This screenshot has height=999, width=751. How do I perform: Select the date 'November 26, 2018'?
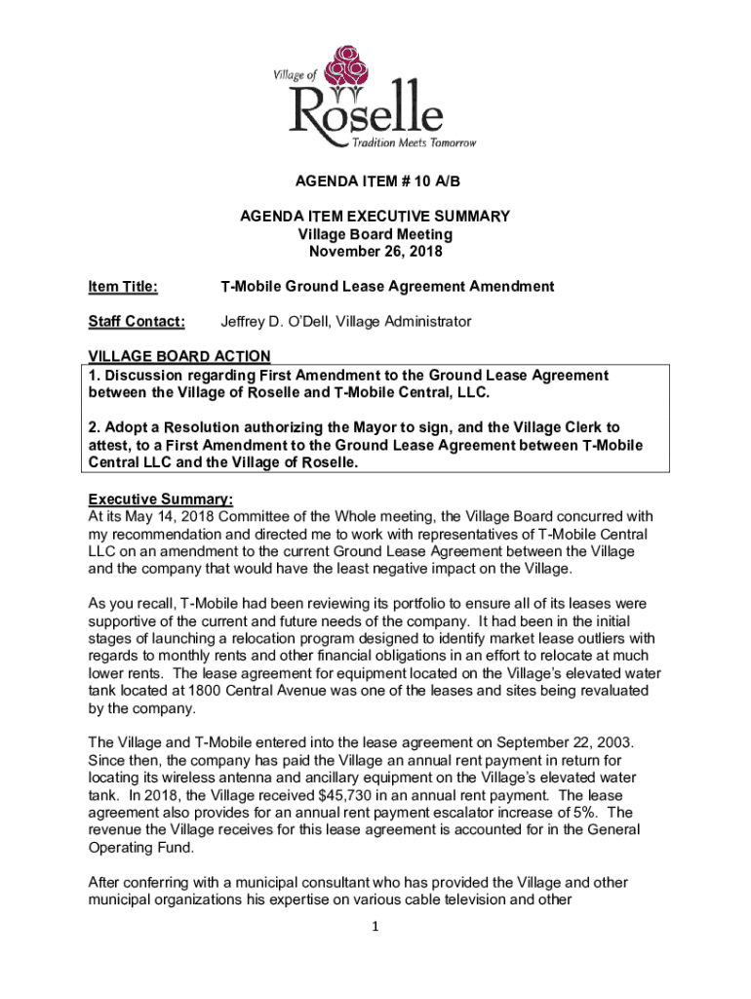pyautogui.click(x=375, y=251)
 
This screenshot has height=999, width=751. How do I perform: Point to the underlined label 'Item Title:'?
pyautogui.click(x=124, y=287)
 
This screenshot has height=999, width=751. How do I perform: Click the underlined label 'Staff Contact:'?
pyautogui.click(x=137, y=322)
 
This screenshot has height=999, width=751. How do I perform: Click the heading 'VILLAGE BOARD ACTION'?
pyautogui.click(x=179, y=357)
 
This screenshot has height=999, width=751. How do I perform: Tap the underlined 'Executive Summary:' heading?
pyautogui.click(x=161, y=499)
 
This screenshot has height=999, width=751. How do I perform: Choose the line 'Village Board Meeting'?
pyautogui.click(x=375, y=234)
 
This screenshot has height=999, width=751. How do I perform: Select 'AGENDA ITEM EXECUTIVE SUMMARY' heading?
pyautogui.click(x=375, y=217)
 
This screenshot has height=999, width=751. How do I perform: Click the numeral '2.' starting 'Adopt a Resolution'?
pyautogui.click(x=95, y=427)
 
